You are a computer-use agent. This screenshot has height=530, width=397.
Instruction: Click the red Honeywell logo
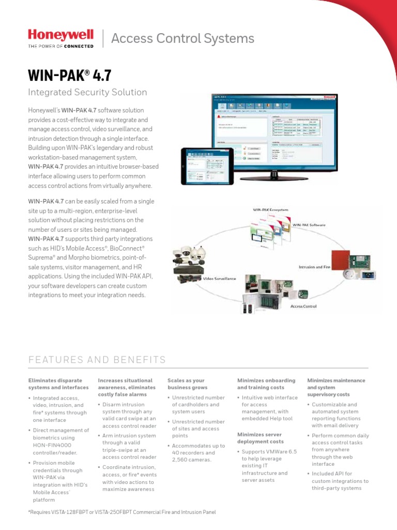60,35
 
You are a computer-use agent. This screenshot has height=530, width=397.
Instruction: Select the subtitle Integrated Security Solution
87,92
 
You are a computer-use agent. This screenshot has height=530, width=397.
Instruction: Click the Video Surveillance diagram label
219,278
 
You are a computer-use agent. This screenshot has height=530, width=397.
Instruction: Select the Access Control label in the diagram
303,306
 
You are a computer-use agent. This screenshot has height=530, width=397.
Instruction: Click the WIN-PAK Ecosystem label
270,210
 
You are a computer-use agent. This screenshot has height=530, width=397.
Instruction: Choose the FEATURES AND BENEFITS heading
97,360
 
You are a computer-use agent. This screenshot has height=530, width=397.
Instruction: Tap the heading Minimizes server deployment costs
260,438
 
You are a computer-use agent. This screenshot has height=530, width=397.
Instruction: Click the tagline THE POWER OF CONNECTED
60,46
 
